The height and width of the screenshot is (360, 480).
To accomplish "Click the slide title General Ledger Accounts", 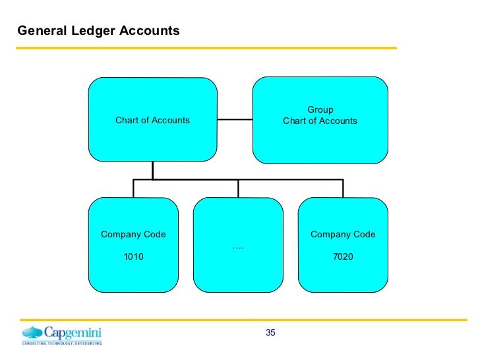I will point(98,30).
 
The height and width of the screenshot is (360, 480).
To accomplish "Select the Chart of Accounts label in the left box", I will point(152,120).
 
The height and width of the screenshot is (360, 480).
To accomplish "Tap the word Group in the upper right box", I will point(320,109).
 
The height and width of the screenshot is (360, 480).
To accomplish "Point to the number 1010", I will point(133,256).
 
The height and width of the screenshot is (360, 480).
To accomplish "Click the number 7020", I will point(343,256).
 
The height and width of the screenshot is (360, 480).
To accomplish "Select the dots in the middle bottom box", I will point(238,247).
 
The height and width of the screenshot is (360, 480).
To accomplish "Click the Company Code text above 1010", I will point(133,234).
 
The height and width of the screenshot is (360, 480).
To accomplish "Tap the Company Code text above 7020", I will point(343,234).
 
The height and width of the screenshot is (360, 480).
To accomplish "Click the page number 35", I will point(270,332).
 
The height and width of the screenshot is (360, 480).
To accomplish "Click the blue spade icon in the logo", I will point(32,332).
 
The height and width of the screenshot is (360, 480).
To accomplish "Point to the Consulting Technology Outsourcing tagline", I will point(62,344).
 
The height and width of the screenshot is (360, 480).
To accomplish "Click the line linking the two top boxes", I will point(235,119).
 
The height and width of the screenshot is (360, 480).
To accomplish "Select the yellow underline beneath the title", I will point(206,47).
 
